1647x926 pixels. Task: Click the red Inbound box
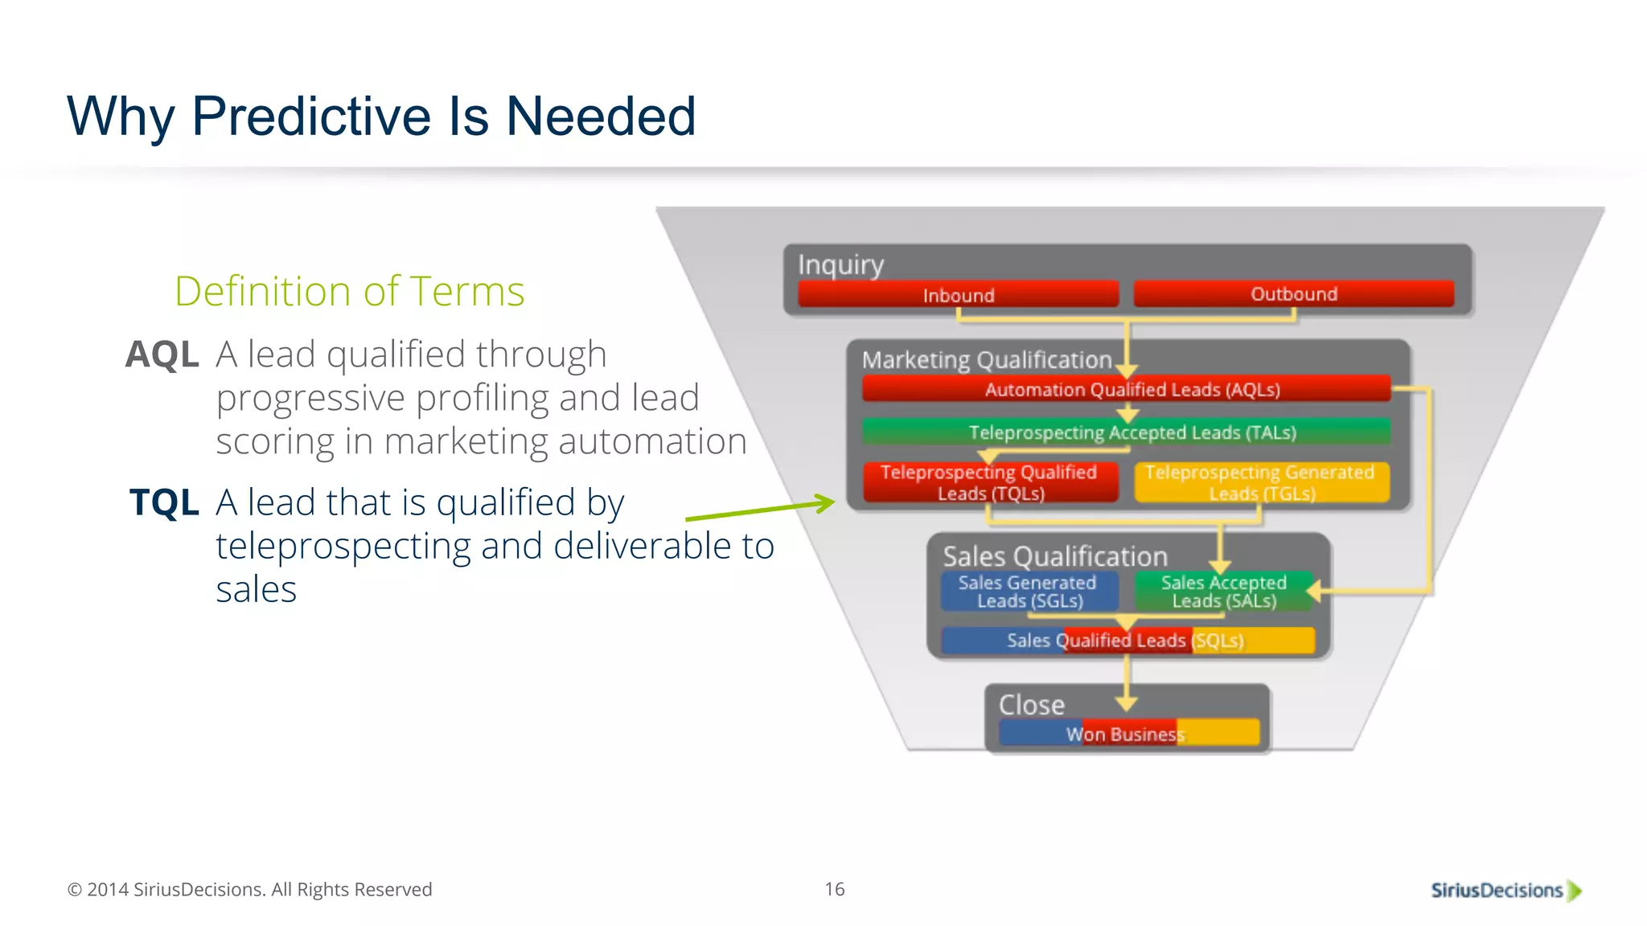tap(958, 294)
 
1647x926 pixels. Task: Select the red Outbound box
tap(1293, 293)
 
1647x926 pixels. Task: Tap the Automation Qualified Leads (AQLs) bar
tap(1126, 389)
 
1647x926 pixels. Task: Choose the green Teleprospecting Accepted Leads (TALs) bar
tap(1126, 432)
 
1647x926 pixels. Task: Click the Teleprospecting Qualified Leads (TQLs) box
tap(990, 482)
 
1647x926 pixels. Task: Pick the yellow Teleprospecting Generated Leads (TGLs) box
tap(1261, 482)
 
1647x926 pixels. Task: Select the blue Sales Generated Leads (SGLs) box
tap(1029, 592)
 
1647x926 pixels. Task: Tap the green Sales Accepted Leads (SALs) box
tap(1223, 592)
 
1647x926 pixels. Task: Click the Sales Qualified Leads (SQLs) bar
tap(1126, 641)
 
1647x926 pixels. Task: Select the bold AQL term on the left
tap(162, 354)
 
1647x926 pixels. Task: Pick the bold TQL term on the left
tap(164, 502)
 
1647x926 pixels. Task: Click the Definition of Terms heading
tap(349, 291)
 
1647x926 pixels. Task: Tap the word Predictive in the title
tap(312, 116)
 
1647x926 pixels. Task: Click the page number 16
tap(834, 889)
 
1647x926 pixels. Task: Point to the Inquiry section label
tap(840, 264)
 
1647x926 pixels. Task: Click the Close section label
tap(1031, 704)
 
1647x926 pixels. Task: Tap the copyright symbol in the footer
tap(74, 890)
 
